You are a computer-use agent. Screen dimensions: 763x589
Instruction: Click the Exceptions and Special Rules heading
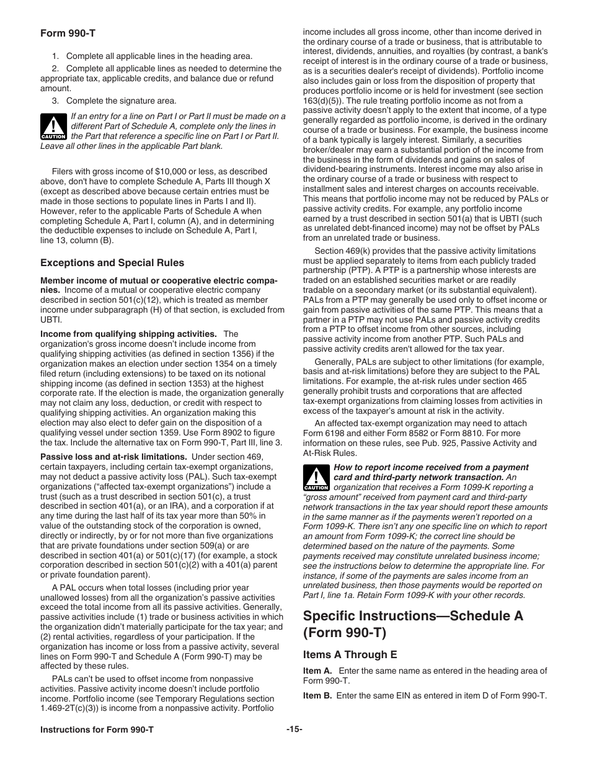pyautogui.click(x=112, y=262)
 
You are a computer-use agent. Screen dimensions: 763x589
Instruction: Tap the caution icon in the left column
pyautogui.click(x=53, y=127)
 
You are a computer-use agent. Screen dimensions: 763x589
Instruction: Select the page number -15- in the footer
pyautogui.click(x=294, y=730)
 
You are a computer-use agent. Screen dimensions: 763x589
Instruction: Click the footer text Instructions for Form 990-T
pyautogui.click(x=97, y=730)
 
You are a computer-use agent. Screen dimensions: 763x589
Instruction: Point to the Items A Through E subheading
pyautogui.click(x=350, y=654)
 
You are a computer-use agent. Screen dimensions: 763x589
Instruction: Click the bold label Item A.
pyautogui.click(x=317, y=671)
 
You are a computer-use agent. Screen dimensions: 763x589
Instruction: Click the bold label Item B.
pyautogui.click(x=317, y=695)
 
